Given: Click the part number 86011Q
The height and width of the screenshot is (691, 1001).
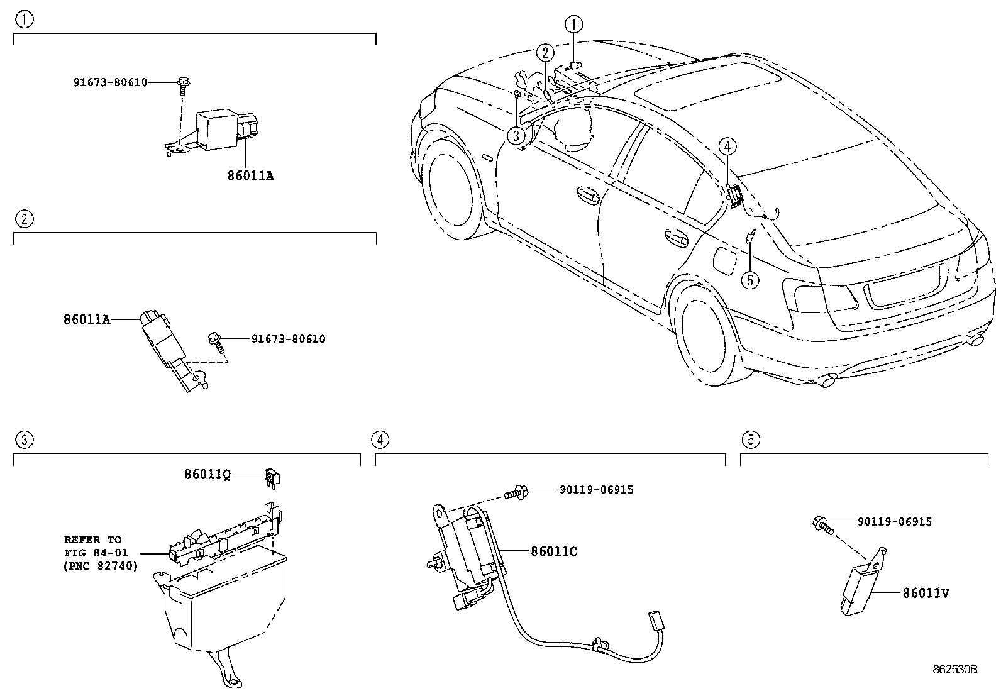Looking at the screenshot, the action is tap(207, 474).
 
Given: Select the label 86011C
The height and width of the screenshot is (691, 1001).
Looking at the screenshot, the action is tap(554, 551).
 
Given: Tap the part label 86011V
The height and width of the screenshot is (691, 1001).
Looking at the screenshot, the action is tap(926, 593).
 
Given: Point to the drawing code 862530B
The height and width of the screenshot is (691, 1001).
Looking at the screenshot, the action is tap(955, 670).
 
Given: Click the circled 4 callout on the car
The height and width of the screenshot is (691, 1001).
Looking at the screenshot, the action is tap(727, 146).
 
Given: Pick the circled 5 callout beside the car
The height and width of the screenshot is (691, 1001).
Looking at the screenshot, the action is tap(750, 280).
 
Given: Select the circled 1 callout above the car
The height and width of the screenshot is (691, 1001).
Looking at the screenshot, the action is tap(574, 25).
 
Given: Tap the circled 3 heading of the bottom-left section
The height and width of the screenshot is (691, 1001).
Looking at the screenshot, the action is tap(24, 439).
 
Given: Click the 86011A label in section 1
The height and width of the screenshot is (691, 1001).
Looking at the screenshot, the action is tap(251, 175).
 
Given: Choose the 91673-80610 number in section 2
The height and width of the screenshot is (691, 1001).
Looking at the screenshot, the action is tap(288, 339).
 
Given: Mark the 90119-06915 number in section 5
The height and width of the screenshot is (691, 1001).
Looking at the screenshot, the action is tap(895, 522).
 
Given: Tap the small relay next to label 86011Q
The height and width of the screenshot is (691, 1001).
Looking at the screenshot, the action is tap(272, 477).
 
